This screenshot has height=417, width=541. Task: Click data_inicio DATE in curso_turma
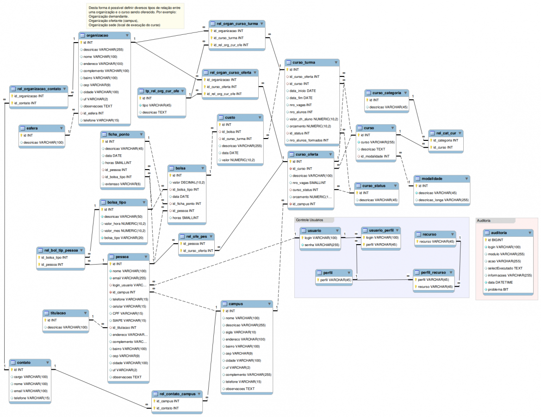point(303,91)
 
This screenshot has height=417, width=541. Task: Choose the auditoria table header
point(504,233)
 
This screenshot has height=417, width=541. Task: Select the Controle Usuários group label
point(310,220)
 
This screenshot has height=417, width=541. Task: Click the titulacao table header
point(60,313)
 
